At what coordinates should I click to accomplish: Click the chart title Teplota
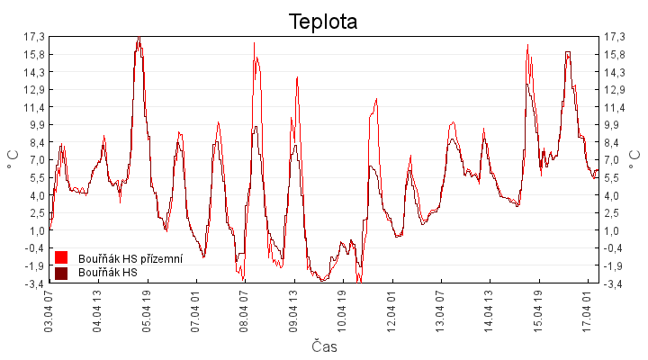[323, 21]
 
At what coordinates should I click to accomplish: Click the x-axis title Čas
[323, 346]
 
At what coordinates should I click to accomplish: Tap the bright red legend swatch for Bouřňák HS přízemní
[61, 258]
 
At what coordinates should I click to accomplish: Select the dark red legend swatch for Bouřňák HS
[61, 273]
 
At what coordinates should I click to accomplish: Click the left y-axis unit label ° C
[13, 159]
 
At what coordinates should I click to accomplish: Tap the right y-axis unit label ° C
[635, 159]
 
